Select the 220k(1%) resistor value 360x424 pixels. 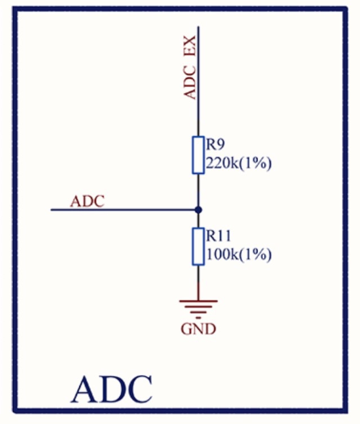(x=239, y=164)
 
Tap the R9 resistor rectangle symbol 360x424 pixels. (x=197, y=154)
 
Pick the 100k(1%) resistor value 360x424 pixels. (x=239, y=254)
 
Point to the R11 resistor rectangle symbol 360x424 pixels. (x=197, y=246)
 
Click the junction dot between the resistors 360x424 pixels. (x=197, y=210)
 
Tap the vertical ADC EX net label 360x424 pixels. (x=191, y=67)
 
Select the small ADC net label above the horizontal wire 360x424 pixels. (x=87, y=201)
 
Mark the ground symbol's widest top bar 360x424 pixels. (x=198, y=301)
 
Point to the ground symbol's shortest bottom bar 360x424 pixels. (x=198, y=315)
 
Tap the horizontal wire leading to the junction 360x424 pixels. (x=124, y=210)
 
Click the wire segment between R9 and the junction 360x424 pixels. (x=197, y=191)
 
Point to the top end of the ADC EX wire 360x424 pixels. (x=197, y=26)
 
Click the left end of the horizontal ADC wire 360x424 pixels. (x=52, y=210)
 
